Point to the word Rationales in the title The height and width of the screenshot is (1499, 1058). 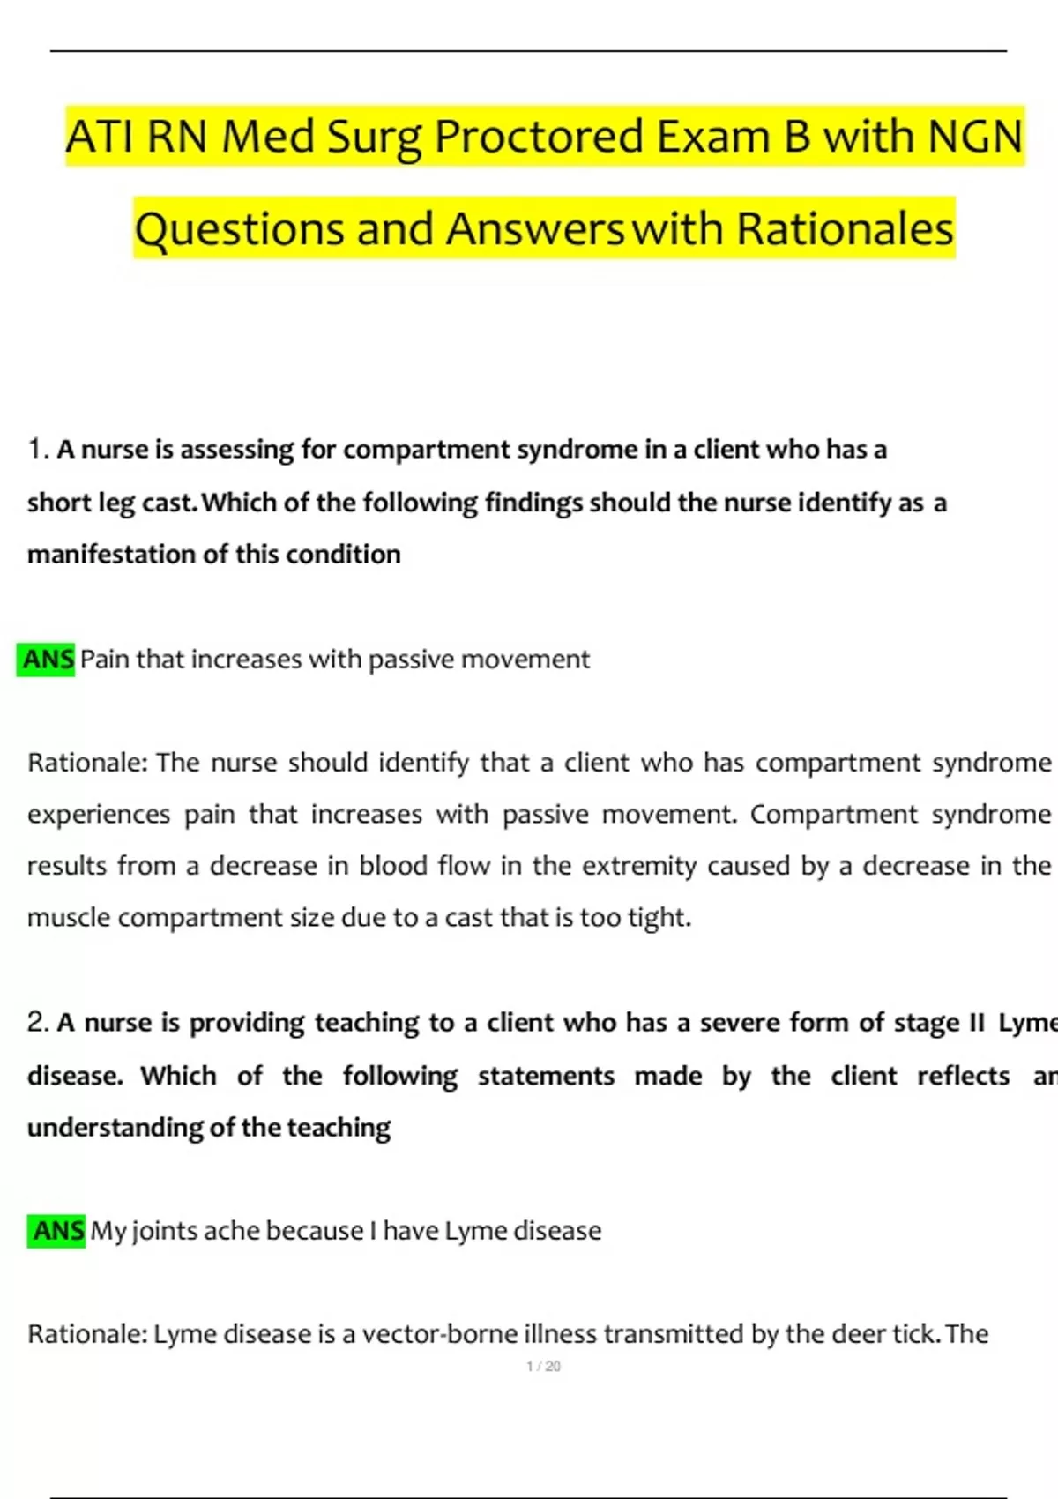click(x=845, y=229)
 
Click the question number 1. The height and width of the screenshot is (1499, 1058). click(x=36, y=449)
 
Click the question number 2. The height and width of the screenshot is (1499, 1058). click(x=37, y=1022)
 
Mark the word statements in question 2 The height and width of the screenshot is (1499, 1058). click(x=546, y=1076)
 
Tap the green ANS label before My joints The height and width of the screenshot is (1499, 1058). click(x=58, y=1231)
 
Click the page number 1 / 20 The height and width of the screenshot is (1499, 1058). click(x=543, y=1367)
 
